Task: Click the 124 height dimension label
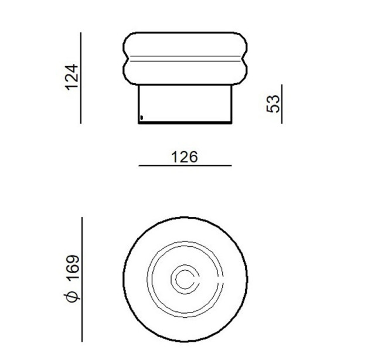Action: pos(72,77)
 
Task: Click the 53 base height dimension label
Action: pos(273,104)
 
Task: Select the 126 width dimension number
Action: pos(184,157)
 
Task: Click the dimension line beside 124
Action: pos(81,78)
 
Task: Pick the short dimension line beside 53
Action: pos(281,104)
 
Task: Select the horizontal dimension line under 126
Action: pos(185,165)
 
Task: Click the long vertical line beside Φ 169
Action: pos(82,279)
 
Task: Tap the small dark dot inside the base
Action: pos(142,117)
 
